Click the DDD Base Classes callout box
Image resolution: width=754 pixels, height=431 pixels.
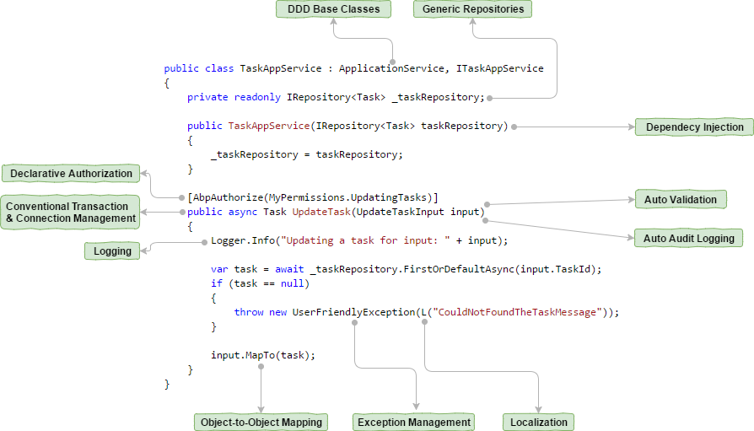333,9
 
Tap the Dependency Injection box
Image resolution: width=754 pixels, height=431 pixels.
694,127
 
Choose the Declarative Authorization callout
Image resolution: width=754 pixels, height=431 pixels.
71,174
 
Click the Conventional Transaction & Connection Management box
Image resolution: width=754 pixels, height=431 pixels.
71,212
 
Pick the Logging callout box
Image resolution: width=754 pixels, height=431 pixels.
112,251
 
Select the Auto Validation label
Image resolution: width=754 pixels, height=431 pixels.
680,200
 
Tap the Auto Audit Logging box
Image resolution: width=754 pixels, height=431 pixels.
688,239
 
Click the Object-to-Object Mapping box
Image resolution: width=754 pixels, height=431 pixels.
260,422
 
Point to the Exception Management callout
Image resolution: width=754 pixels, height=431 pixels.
413,422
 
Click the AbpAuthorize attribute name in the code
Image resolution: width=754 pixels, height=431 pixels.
228,197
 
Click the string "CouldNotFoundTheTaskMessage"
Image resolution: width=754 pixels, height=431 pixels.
518,312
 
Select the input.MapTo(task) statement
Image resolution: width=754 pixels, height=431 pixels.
262,355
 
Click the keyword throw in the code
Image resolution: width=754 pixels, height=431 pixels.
249,312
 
